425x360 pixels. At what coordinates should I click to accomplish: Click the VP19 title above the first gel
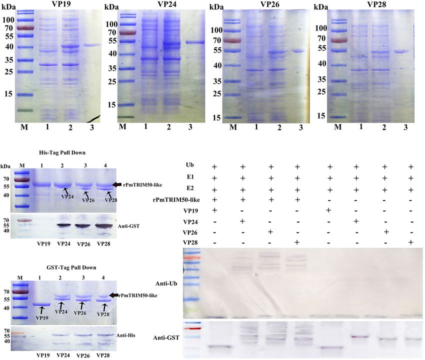click(x=60, y=4)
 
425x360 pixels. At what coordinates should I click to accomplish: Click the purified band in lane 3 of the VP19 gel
click(x=91, y=45)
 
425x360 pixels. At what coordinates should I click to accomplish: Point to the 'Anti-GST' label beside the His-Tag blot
click(x=129, y=226)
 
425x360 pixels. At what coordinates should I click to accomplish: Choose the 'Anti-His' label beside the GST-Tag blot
click(x=127, y=335)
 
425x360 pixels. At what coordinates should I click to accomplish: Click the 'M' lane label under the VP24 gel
click(x=122, y=127)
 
